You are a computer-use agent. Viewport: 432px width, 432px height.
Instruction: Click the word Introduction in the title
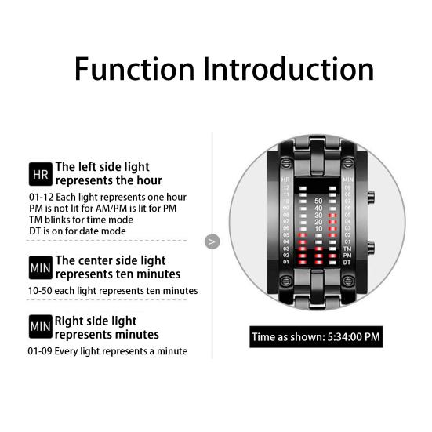click(x=288, y=69)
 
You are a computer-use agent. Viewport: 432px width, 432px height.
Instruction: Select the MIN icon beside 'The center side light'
click(x=39, y=267)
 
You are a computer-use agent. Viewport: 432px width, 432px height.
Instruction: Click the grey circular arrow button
click(x=212, y=241)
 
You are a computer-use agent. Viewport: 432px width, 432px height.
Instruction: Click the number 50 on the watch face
click(x=318, y=201)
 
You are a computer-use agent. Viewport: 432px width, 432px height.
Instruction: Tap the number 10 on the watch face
click(x=318, y=229)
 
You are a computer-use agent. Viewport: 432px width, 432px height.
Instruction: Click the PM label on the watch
click(x=347, y=255)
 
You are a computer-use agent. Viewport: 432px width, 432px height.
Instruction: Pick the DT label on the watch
click(x=347, y=261)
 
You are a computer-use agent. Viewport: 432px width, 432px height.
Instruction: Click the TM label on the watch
click(x=347, y=248)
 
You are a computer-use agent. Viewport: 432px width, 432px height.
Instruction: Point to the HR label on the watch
click(x=285, y=180)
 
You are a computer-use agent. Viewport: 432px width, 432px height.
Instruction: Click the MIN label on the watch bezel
click(x=347, y=180)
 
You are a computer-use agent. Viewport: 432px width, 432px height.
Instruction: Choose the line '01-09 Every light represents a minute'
click(x=107, y=350)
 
